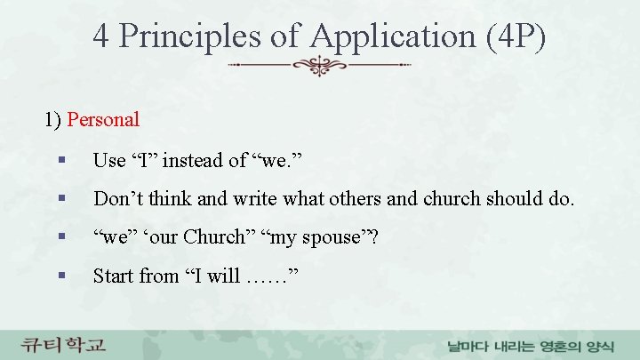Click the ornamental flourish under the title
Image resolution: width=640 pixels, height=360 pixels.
(320, 66)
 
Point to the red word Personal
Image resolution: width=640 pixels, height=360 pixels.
(103, 118)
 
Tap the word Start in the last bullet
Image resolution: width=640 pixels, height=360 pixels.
(113, 276)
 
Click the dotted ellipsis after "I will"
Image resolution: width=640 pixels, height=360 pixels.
(267, 277)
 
